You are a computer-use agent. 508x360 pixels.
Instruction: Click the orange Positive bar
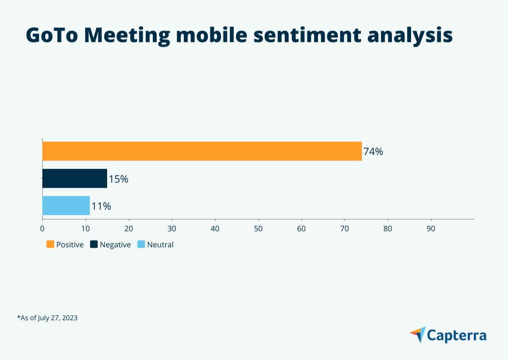tap(202, 151)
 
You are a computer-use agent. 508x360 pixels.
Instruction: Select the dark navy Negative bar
tap(75, 178)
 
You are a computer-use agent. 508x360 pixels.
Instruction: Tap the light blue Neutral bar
tap(66, 205)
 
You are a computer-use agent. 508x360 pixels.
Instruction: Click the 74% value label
tap(373, 152)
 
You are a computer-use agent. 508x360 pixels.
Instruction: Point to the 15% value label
tap(119, 179)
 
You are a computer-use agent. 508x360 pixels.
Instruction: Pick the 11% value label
tap(101, 206)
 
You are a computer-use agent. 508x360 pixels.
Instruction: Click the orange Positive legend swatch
tap(50, 244)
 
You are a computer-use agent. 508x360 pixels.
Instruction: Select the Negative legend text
tap(115, 245)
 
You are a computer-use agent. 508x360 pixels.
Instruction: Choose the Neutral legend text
tap(160, 245)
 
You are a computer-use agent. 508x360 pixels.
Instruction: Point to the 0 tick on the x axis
tap(42, 229)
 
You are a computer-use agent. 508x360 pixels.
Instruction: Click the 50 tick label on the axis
tap(258, 229)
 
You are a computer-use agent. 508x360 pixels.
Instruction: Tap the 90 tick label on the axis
tap(431, 229)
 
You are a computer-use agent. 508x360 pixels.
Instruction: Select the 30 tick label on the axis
tap(172, 229)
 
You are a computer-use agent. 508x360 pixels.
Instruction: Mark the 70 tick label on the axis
tap(345, 229)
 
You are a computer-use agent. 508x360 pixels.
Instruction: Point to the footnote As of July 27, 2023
tap(47, 317)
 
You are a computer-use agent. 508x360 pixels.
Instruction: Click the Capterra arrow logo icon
tap(418, 335)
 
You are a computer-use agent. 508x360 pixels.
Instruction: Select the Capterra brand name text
tap(457, 335)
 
